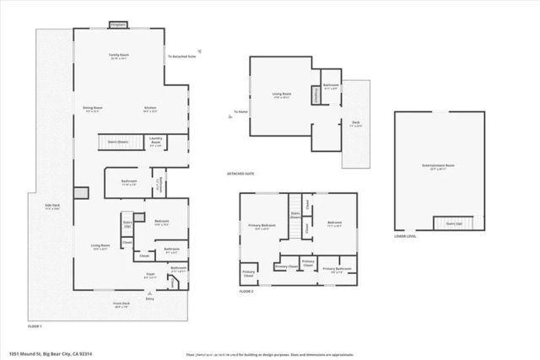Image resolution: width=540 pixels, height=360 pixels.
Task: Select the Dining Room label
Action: [x=92, y=109]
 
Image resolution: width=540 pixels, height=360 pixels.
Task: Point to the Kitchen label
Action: [x=150, y=109]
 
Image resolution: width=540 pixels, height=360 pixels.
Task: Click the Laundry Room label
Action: [x=155, y=142]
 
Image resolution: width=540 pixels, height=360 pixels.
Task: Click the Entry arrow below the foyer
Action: [x=150, y=296]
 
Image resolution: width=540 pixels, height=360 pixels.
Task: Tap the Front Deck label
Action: [x=121, y=305]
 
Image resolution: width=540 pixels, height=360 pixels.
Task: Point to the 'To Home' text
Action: [x=241, y=111]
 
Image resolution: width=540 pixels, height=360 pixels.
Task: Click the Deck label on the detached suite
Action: [x=356, y=124]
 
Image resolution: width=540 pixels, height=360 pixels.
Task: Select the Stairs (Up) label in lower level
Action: [x=453, y=223]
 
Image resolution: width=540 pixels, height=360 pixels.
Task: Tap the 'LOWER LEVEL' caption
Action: [x=404, y=238]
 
